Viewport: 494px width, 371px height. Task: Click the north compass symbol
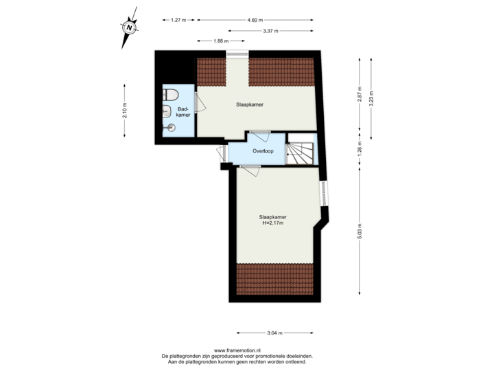click(x=128, y=28)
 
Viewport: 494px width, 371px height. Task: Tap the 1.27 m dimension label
click(x=178, y=20)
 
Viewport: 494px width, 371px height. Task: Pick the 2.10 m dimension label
click(x=124, y=110)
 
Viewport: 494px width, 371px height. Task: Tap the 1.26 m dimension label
click(x=359, y=149)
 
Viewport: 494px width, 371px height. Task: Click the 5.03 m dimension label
click(x=359, y=229)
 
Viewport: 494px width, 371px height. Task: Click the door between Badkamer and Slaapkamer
click(x=198, y=102)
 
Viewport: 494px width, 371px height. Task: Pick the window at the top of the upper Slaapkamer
click(x=238, y=54)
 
